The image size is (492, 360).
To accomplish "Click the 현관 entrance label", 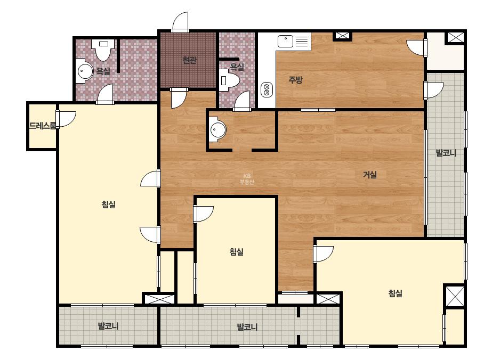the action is tap(189, 60).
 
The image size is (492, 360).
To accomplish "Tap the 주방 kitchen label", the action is tap(295, 80).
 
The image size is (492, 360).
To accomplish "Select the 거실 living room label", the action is tap(369, 175).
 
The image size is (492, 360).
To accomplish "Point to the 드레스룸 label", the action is tap(42, 126).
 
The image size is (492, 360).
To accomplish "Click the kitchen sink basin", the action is tap(285, 42).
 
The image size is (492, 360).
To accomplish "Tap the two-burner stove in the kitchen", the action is tap(267, 89).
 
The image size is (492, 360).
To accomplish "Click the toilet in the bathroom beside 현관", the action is tap(229, 80).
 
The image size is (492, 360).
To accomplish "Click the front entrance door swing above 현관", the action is tap(180, 22).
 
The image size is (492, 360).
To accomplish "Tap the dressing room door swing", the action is tap(66, 119).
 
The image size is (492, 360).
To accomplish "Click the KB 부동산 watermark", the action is tap(247, 179).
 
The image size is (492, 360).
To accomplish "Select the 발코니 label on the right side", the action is tap(446, 153).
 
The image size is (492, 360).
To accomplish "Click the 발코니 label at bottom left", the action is tap(108, 326).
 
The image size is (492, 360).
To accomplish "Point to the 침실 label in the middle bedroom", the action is tap(236, 251).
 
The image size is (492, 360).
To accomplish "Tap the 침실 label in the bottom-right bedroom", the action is tap(395, 293).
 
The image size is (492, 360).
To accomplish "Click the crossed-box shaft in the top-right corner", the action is tap(455, 37).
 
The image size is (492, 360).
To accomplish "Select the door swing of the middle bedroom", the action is tap(203, 214).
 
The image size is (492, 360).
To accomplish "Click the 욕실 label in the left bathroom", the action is tap(103, 71).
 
